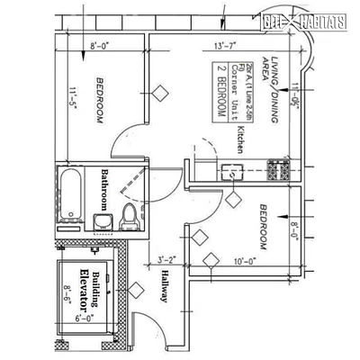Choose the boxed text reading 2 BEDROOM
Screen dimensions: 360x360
220,92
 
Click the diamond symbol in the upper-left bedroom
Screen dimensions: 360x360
161,91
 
